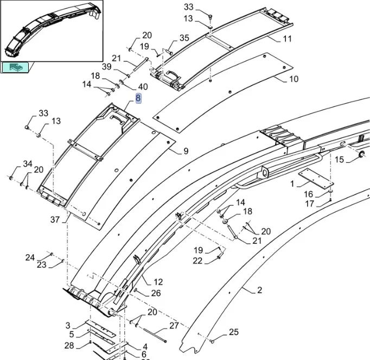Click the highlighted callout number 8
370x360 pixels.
[x=138, y=98]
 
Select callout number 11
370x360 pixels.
[x=287, y=39]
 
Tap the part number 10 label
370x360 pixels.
[x=294, y=79]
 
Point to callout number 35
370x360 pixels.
[x=184, y=38]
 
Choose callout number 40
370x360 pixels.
[x=143, y=87]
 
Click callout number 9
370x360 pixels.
[x=186, y=151]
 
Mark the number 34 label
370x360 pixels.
[x=27, y=165]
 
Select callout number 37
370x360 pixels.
[x=55, y=219]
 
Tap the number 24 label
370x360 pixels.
[x=30, y=257]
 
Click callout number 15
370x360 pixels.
[x=339, y=159]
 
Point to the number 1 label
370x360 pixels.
[x=292, y=184]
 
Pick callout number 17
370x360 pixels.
[x=309, y=204]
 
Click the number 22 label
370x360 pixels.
[x=197, y=261]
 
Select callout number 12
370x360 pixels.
[x=158, y=282]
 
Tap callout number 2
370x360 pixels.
[x=259, y=290]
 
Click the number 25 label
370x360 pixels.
[x=233, y=332]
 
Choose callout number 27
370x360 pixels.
[x=174, y=326]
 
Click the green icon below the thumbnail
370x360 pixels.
[x=17, y=67]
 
